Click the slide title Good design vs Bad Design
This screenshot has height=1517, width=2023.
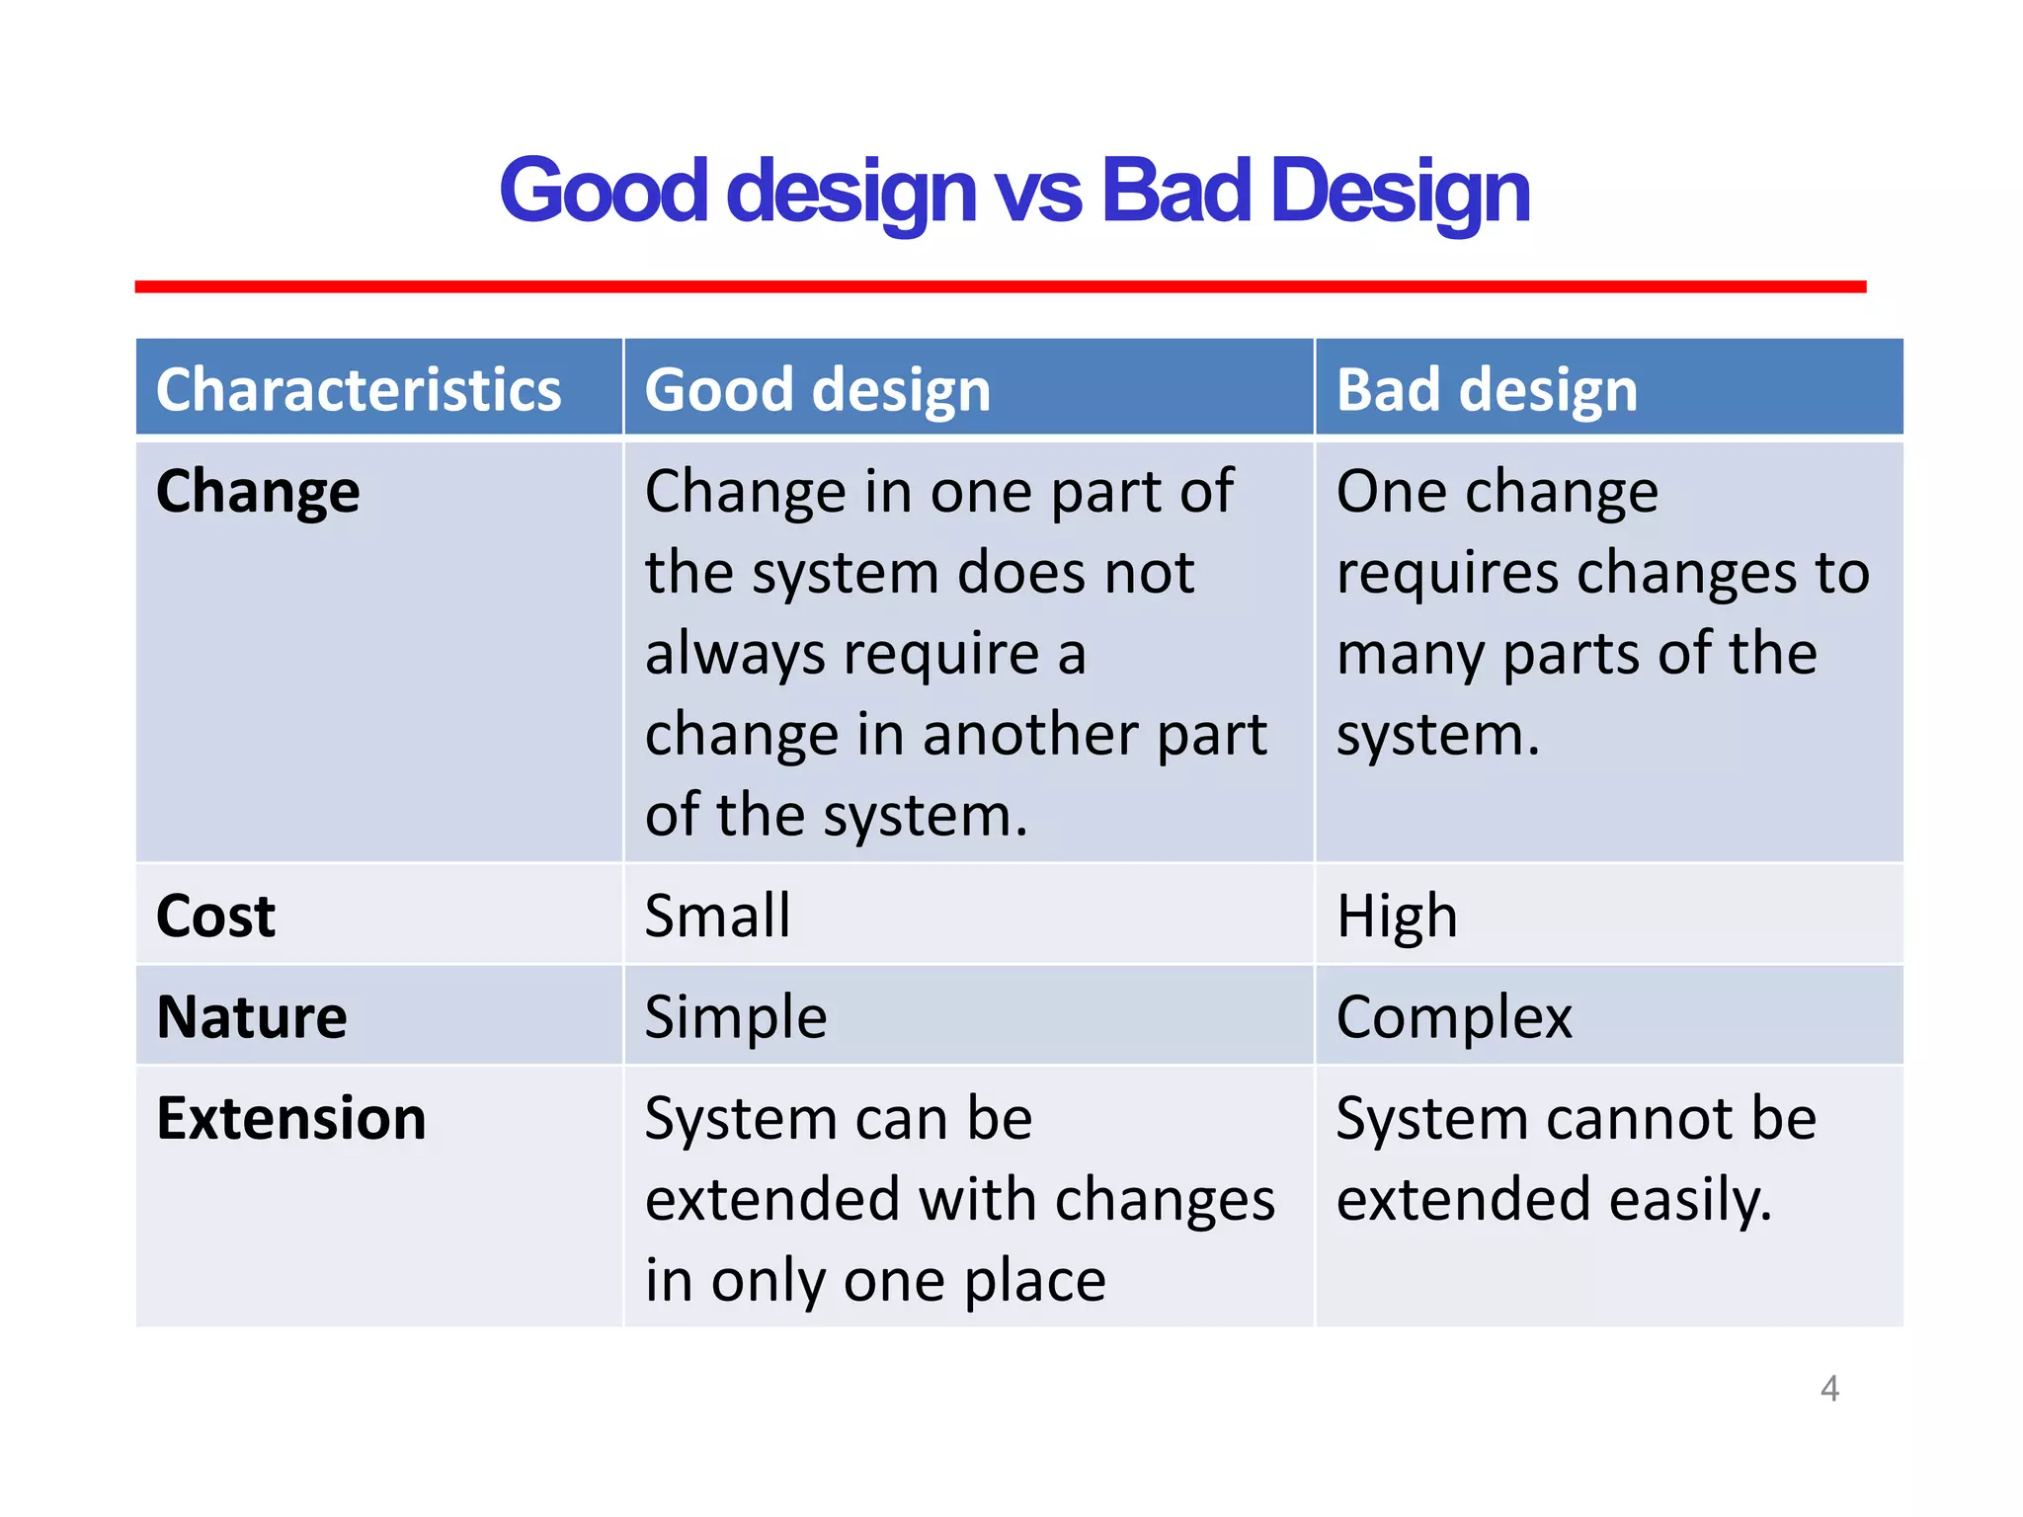tap(1013, 191)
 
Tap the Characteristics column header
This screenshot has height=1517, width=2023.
tap(359, 389)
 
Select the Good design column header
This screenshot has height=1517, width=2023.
tap(817, 389)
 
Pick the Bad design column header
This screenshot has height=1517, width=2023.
tap(1486, 389)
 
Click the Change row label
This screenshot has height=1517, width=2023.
tap(258, 492)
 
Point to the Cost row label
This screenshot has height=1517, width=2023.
tap(215, 916)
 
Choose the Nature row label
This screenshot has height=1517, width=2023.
tap(252, 1017)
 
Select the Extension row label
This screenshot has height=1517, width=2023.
tap(291, 1119)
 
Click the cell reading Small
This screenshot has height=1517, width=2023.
tap(717, 916)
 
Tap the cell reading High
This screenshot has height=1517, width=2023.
tap(1396, 916)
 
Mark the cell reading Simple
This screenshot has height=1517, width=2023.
tap(735, 1017)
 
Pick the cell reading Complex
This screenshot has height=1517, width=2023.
tap(1453, 1017)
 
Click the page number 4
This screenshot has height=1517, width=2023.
tap(1829, 1389)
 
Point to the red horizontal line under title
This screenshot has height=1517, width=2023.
tap(1000, 286)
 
